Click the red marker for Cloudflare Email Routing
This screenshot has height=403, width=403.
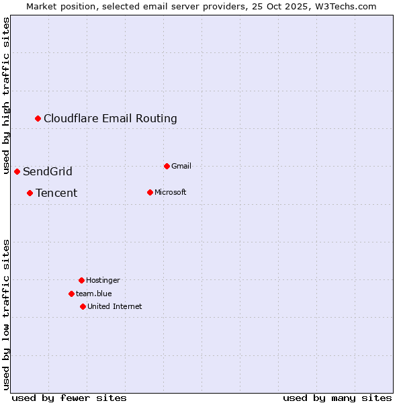pos(38,119)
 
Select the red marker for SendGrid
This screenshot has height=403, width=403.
pos(17,172)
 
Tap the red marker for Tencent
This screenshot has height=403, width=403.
pos(30,193)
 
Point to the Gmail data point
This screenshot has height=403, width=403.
pos(167,166)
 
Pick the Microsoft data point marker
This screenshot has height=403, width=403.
pos(150,193)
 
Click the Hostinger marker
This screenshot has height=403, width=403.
pos(82,280)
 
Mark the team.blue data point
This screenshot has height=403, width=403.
pos(72,294)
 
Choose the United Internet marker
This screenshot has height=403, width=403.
pos(83,307)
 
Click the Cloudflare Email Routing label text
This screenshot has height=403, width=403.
pos(110,119)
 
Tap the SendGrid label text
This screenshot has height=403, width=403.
pos(48,172)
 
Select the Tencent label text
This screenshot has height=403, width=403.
pos(56,193)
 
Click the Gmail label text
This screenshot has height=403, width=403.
pos(181,166)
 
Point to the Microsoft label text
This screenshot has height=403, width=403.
pos(171,193)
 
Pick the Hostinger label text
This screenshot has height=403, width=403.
pos(103,280)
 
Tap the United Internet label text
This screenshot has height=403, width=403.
pos(115,307)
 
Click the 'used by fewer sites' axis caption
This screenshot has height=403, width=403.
pos(69,398)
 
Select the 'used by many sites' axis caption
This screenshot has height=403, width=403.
pos(337,398)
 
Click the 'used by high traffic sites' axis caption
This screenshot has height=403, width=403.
pos(7,95)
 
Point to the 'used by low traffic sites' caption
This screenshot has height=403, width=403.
pos(7,314)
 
